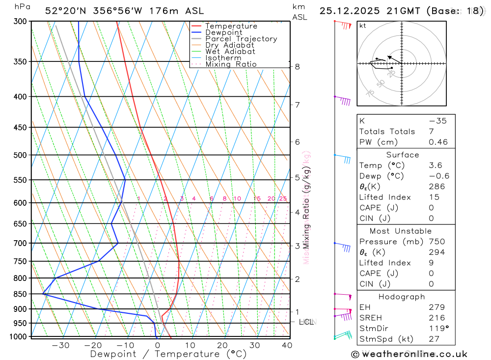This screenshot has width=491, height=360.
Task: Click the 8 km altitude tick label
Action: tap(298, 67)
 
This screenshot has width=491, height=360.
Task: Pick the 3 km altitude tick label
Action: tap(298, 246)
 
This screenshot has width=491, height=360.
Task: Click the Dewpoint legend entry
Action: tap(224, 32)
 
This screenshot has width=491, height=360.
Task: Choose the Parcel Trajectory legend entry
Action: tap(241, 39)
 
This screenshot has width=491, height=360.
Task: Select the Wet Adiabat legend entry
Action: tap(230, 52)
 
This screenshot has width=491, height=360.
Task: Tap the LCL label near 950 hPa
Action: tap(306, 322)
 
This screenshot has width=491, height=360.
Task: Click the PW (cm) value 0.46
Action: tap(438, 142)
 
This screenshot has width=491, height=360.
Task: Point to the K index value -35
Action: tap(437, 121)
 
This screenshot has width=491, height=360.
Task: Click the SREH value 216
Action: tap(436, 318)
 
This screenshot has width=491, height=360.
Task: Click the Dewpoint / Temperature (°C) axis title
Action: tap(168, 354)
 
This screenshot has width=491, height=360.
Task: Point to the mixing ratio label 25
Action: tap(283, 198)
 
